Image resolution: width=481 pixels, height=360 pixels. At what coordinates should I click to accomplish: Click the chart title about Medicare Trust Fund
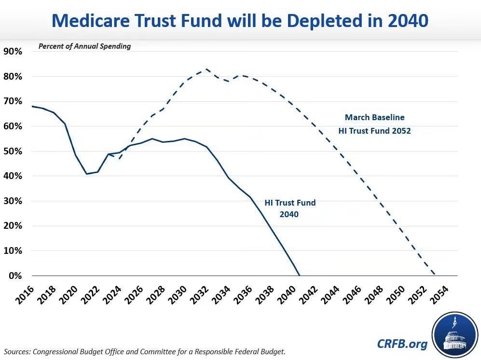[240, 21]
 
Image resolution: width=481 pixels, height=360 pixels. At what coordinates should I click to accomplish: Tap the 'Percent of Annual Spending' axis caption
[84, 46]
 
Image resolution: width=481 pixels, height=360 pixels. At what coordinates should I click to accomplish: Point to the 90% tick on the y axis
[13, 51]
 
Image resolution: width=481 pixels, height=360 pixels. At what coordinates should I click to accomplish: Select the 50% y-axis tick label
[13, 152]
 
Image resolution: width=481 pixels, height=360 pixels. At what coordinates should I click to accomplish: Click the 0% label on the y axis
[15, 276]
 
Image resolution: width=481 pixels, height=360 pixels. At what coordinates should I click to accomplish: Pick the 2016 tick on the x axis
[25, 295]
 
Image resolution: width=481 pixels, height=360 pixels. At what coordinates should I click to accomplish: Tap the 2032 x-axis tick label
[199, 295]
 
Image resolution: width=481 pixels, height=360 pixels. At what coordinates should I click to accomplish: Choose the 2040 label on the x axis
[286, 295]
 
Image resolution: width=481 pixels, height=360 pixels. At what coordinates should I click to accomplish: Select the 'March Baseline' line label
[374, 117]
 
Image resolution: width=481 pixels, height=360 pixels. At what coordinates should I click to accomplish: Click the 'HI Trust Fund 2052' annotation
[374, 131]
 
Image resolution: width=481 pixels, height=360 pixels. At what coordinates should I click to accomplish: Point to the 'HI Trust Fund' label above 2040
[290, 203]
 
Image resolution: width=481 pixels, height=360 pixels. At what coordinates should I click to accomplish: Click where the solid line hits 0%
[300, 276]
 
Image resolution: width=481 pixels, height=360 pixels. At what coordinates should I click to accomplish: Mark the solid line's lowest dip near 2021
[87, 174]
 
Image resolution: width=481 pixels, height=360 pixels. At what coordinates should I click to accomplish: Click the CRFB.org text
[402, 344]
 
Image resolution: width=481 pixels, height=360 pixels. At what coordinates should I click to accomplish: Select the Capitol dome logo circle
[454, 335]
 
